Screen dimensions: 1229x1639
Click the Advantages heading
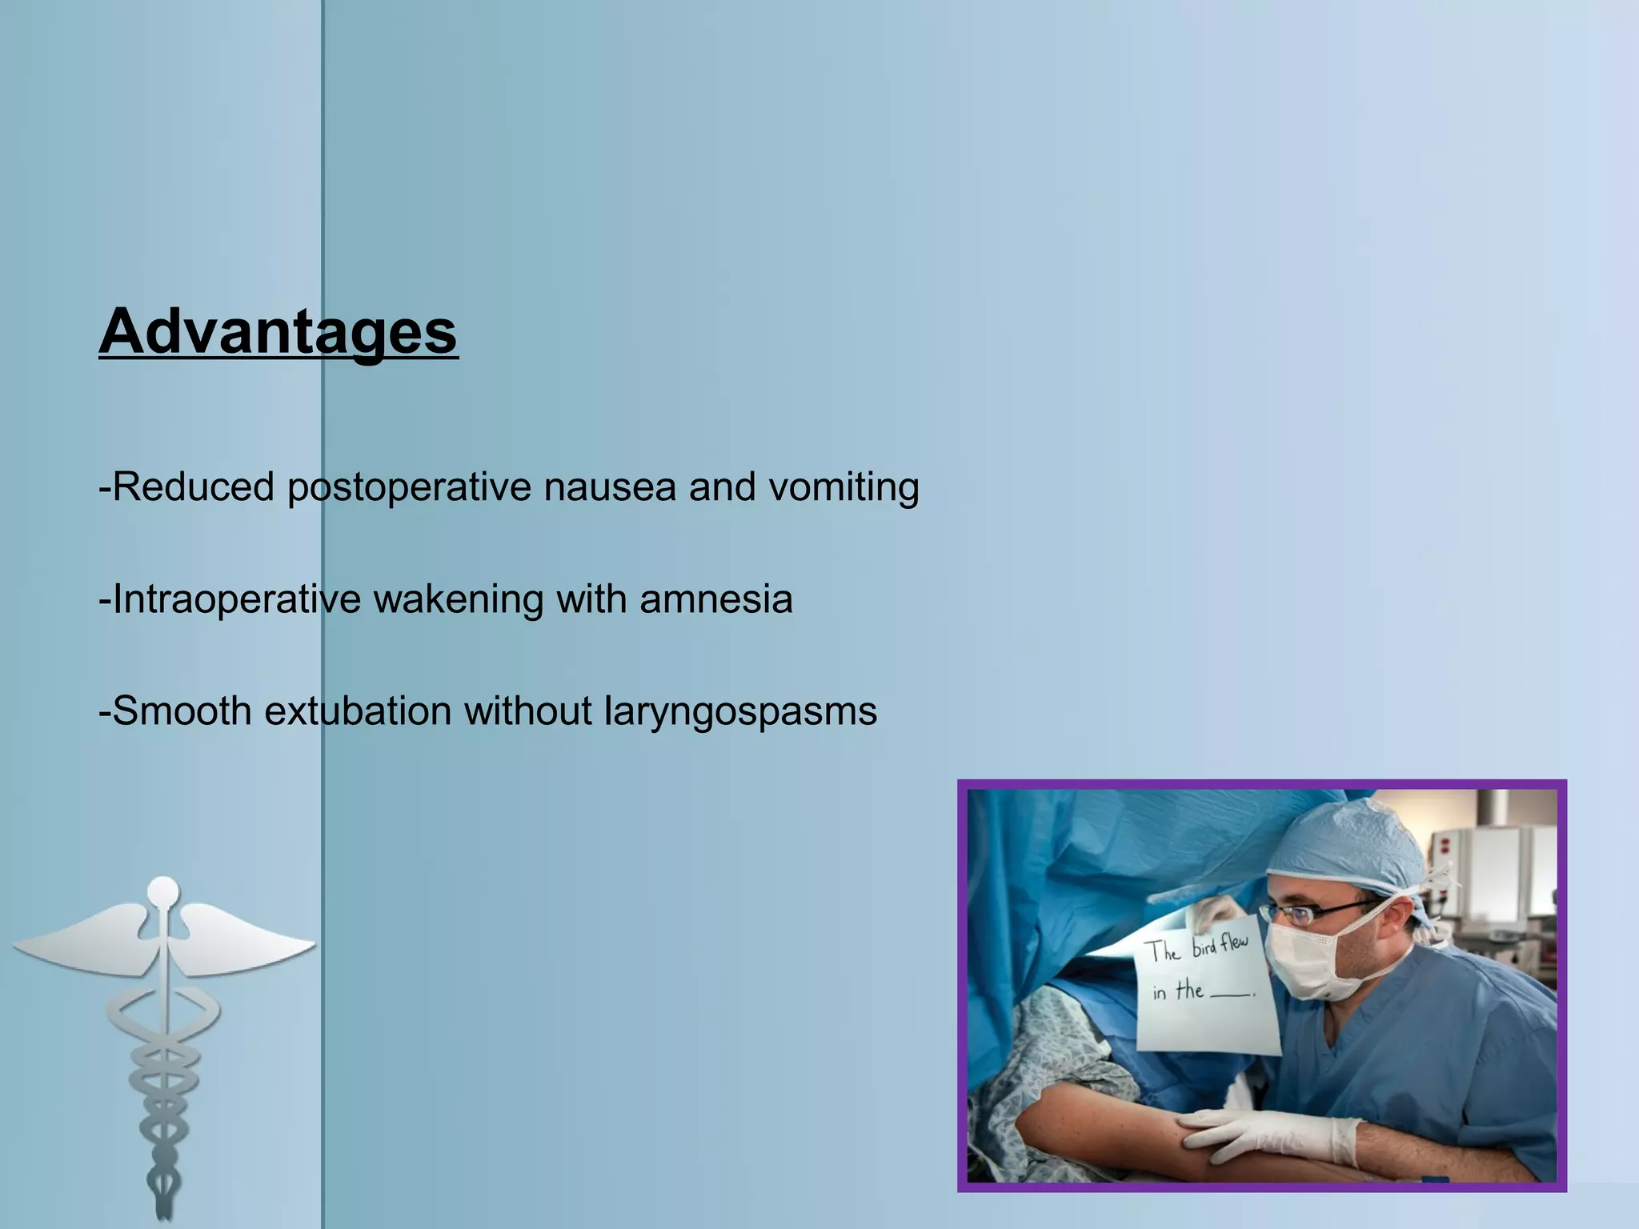tap(279, 332)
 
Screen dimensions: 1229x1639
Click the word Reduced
tap(193, 487)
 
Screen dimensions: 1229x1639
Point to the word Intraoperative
tap(237, 600)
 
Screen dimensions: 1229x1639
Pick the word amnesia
tap(716, 599)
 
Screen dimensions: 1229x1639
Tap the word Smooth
tap(182, 711)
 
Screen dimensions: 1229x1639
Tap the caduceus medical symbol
tap(164, 1040)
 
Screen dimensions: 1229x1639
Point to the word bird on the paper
tap(1204, 949)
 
